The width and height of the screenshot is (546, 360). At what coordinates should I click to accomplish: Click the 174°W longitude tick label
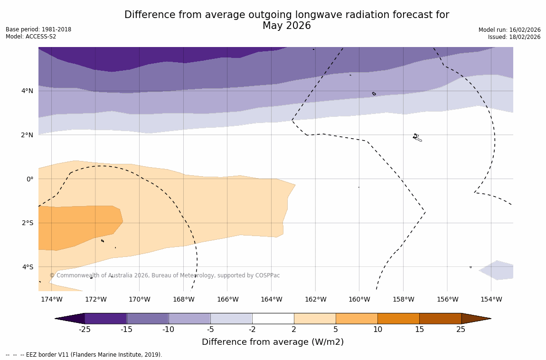pos(51,299)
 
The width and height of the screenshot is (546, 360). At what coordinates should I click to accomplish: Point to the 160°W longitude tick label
pos(359,299)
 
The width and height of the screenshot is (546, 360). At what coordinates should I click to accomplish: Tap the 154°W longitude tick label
pos(491,299)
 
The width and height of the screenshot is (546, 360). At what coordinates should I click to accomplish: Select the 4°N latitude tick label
pos(28,91)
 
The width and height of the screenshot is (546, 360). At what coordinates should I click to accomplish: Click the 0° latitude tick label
pos(30,179)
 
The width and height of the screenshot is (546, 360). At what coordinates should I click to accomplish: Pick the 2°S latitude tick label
pos(28,223)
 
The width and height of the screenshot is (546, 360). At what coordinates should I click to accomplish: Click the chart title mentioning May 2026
pos(286,20)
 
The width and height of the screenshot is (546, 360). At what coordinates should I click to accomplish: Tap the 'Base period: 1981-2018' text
pos(38,29)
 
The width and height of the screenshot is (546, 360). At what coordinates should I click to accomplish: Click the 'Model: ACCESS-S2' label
pos(31,37)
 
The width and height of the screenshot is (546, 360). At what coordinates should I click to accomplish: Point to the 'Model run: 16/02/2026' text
pos(509,30)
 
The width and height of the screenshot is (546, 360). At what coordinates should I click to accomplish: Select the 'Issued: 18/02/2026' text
pos(514,37)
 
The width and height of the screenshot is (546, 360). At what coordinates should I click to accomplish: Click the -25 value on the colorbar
pos(85,330)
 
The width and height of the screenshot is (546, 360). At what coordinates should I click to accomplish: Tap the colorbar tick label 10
pos(377,330)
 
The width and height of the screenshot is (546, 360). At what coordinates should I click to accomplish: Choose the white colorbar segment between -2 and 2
pos(273,318)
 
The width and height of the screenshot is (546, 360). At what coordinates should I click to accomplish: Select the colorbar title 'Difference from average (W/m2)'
pos(273,342)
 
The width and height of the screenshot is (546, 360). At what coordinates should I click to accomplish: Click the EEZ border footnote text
pos(84,355)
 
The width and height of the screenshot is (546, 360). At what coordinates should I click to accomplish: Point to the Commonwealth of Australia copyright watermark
pos(165,275)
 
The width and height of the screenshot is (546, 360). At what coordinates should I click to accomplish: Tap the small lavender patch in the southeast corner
pos(499,270)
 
